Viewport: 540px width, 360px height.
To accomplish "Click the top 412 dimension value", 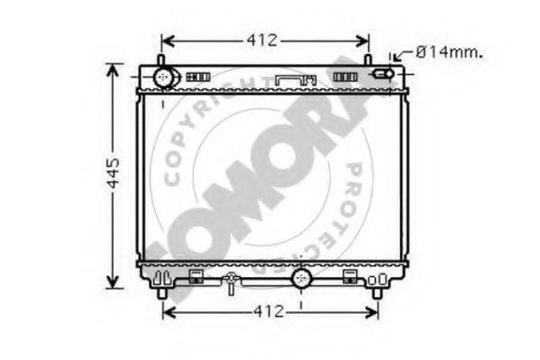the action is [x=261, y=41].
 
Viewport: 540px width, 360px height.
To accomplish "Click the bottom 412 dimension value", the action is [x=269, y=311].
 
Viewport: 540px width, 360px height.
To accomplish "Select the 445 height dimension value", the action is [x=113, y=173].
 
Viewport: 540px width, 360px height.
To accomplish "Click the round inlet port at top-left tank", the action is [x=163, y=78].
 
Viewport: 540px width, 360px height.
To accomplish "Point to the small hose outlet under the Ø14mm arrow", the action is [x=383, y=74].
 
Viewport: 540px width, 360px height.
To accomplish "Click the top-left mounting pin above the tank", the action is [x=160, y=60].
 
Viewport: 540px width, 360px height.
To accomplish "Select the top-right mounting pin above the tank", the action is [x=368, y=60].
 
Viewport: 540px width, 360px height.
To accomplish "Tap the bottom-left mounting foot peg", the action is [x=162, y=293].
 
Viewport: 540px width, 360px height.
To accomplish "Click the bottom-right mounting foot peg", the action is [x=378, y=293].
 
